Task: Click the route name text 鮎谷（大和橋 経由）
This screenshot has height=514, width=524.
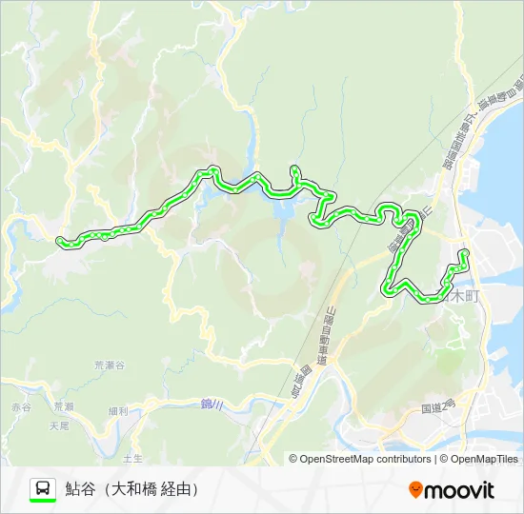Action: click(132, 489)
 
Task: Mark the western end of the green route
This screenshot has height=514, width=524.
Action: click(61, 241)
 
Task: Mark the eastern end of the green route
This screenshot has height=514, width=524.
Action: click(464, 253)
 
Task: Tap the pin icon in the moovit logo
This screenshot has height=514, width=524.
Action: click(415, 490)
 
